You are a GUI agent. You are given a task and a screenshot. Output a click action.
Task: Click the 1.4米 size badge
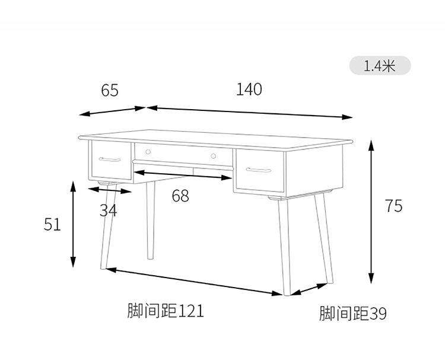click(380, 65)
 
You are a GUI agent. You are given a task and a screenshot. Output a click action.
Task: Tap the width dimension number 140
click(249, 90)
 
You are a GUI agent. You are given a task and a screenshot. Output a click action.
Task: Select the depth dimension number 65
click(110, 90)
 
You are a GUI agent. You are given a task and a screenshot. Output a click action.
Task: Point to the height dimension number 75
click(393, 206)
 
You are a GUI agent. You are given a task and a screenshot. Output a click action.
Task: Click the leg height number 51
click(53, 224)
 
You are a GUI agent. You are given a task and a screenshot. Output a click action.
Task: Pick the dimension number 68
click(180, 196)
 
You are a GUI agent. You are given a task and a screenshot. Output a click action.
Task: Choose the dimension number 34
click(108, 209)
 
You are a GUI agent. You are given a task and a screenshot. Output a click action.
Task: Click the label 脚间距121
click(166, 310)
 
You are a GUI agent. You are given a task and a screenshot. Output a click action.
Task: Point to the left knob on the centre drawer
click(148, 152)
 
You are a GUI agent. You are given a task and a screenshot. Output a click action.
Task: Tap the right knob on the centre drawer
click(212, 156)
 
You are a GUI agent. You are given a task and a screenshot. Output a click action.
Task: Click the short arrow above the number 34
click(110, 190)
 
